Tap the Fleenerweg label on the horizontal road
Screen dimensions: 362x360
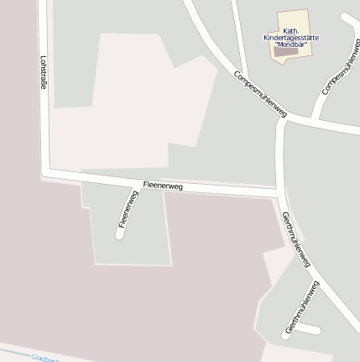coord(163,186)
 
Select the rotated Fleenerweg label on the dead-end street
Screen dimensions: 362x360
coord(128,210)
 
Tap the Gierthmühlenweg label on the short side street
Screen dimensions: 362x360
coord(302,307)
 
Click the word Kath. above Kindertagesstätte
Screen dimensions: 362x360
coord(291,32)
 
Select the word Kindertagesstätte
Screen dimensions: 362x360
coord(290,39)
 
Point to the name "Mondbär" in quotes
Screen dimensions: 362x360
coord(290,45)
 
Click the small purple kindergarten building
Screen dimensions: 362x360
coord(286,52)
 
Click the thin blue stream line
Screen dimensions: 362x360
coord(17,350)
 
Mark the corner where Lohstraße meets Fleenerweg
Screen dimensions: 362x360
coord(45,173)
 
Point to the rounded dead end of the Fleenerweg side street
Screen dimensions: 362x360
coord(120,234)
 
